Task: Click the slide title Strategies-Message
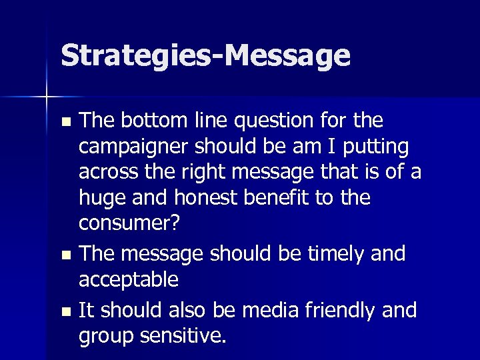[205, 56]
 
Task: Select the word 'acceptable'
[129, 279]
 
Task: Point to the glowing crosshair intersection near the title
[47, 97]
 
